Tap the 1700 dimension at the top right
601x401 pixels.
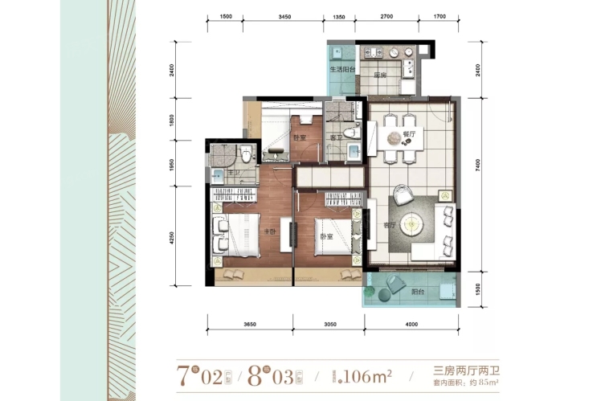(x=439, y=16)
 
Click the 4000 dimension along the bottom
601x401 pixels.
(x=412, y=324)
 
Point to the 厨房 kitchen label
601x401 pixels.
(x=380, y=76)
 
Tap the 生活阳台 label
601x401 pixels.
(x=342, y=70)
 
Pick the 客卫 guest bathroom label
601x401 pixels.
(x=337, y=138)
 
